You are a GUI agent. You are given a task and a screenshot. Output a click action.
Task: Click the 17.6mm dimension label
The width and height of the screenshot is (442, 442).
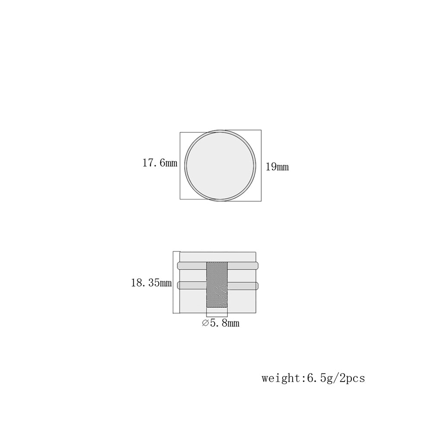point(160,163)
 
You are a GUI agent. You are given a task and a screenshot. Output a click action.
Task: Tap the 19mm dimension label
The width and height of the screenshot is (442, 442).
point(278,167)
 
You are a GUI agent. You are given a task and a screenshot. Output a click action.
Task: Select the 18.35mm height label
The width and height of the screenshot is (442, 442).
point(152,282)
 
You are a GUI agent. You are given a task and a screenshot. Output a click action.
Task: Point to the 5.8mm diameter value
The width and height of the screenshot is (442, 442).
point(224,323)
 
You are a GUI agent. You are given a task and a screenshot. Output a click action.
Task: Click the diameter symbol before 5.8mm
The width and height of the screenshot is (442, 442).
point(205,323)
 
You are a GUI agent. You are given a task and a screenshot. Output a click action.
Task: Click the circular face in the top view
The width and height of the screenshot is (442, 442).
point(221,165)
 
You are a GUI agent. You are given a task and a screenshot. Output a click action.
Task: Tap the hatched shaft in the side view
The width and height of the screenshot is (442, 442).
point(217,285)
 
